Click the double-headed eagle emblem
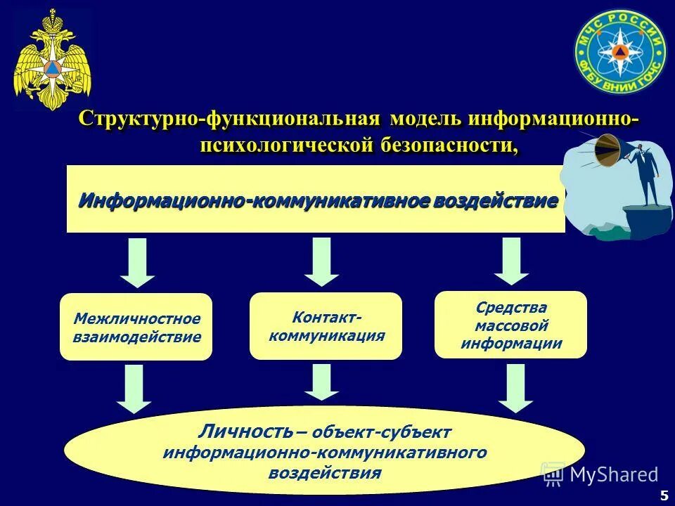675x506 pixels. [x=53, y=60]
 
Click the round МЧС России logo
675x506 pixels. [x=619, y=53]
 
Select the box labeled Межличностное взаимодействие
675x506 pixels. [x=136, y=327]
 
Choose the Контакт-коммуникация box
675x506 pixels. [x=326, y=326]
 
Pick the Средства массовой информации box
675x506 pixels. [x=510, y=325]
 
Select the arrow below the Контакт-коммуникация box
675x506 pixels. [x=322, y=382]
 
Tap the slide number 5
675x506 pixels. [x=664, y=495]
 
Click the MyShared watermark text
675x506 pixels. [x=613, y=474]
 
